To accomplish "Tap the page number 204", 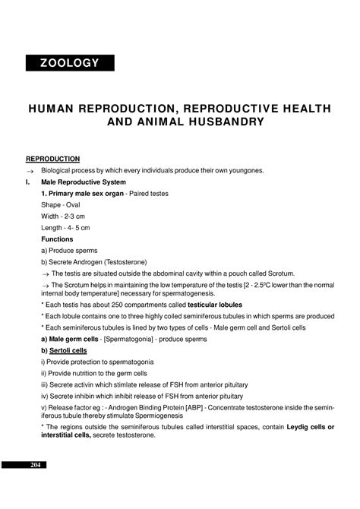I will point(34,465).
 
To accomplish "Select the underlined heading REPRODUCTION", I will point(53,159).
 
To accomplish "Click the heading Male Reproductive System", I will point(84,182).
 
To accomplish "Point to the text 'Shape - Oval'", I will point(62,205).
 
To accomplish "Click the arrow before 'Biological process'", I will point(30,171).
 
